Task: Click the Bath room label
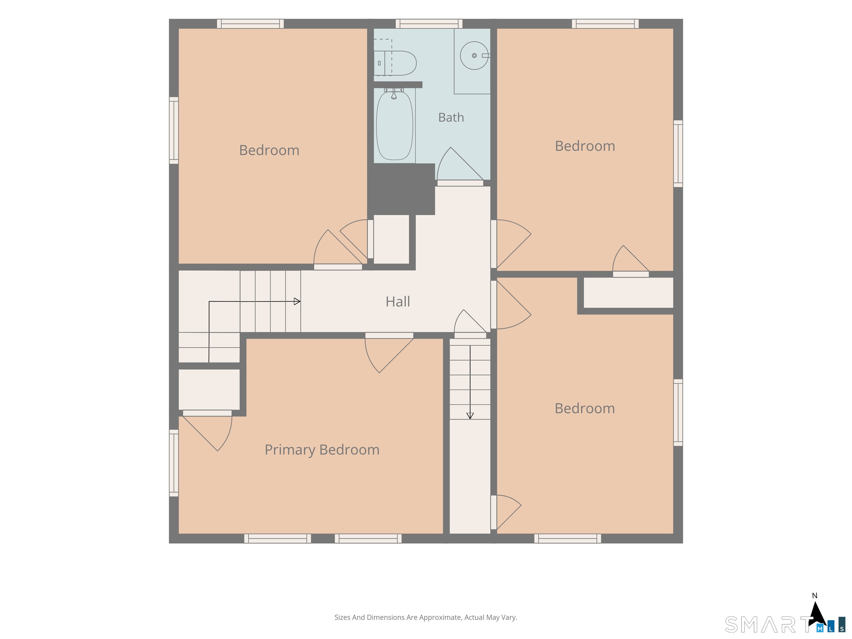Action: [x=451, y=118]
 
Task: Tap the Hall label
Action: [x=398, y=301]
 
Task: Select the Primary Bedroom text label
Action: [x=322, y=450]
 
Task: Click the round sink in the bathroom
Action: [x=474, y=55]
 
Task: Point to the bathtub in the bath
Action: [x=394, y=125]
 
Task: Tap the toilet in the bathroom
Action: [x=395, y=63]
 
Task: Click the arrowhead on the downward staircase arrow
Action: [x=470, y=416]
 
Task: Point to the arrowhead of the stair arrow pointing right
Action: [x=297, y=301]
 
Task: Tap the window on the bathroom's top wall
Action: [x=429, y=24]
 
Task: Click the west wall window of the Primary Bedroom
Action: [x=174, y=463]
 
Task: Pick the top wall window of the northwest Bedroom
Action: [x=250, y=24]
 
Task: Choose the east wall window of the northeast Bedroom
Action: [x=678, y=154]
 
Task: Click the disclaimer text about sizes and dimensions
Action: [x=426, y=617]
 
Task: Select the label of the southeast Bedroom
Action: [x=585, y=408]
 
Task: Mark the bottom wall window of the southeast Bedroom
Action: [x=568, y=539]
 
